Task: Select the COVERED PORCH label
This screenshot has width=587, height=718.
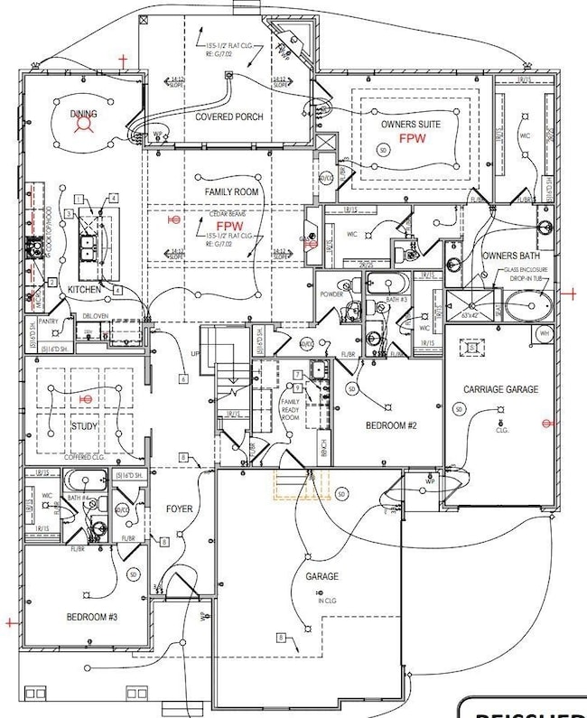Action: (x=229, y=117)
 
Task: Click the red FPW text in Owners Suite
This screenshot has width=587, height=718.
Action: (x=412, y=139)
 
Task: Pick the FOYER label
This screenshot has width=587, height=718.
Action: (x=180, y=509)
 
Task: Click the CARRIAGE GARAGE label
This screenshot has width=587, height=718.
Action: (x=500, y=389)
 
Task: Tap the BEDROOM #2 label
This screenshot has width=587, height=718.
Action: (x=390, y=424)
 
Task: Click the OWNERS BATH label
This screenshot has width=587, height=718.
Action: (x=512, y=256)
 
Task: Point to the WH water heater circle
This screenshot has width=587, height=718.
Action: (x=544, y=333)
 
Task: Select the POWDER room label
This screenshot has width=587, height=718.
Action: (x=331, y=294)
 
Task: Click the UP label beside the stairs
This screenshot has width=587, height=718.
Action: (x=194, y=355)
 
